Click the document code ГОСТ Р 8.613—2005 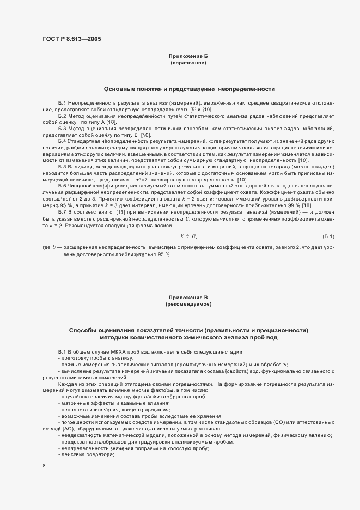coord(71,39)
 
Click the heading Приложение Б coord(188,56)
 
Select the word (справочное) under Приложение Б coord(188,63)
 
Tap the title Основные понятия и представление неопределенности coord(189,89)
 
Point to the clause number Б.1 coord(63,103)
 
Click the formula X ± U coord(188,235)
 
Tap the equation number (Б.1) coord(328,235)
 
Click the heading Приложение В coord(188,297)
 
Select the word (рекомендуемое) coord(188,304)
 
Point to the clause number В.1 coord(62,352)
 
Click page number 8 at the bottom coord(44,466)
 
